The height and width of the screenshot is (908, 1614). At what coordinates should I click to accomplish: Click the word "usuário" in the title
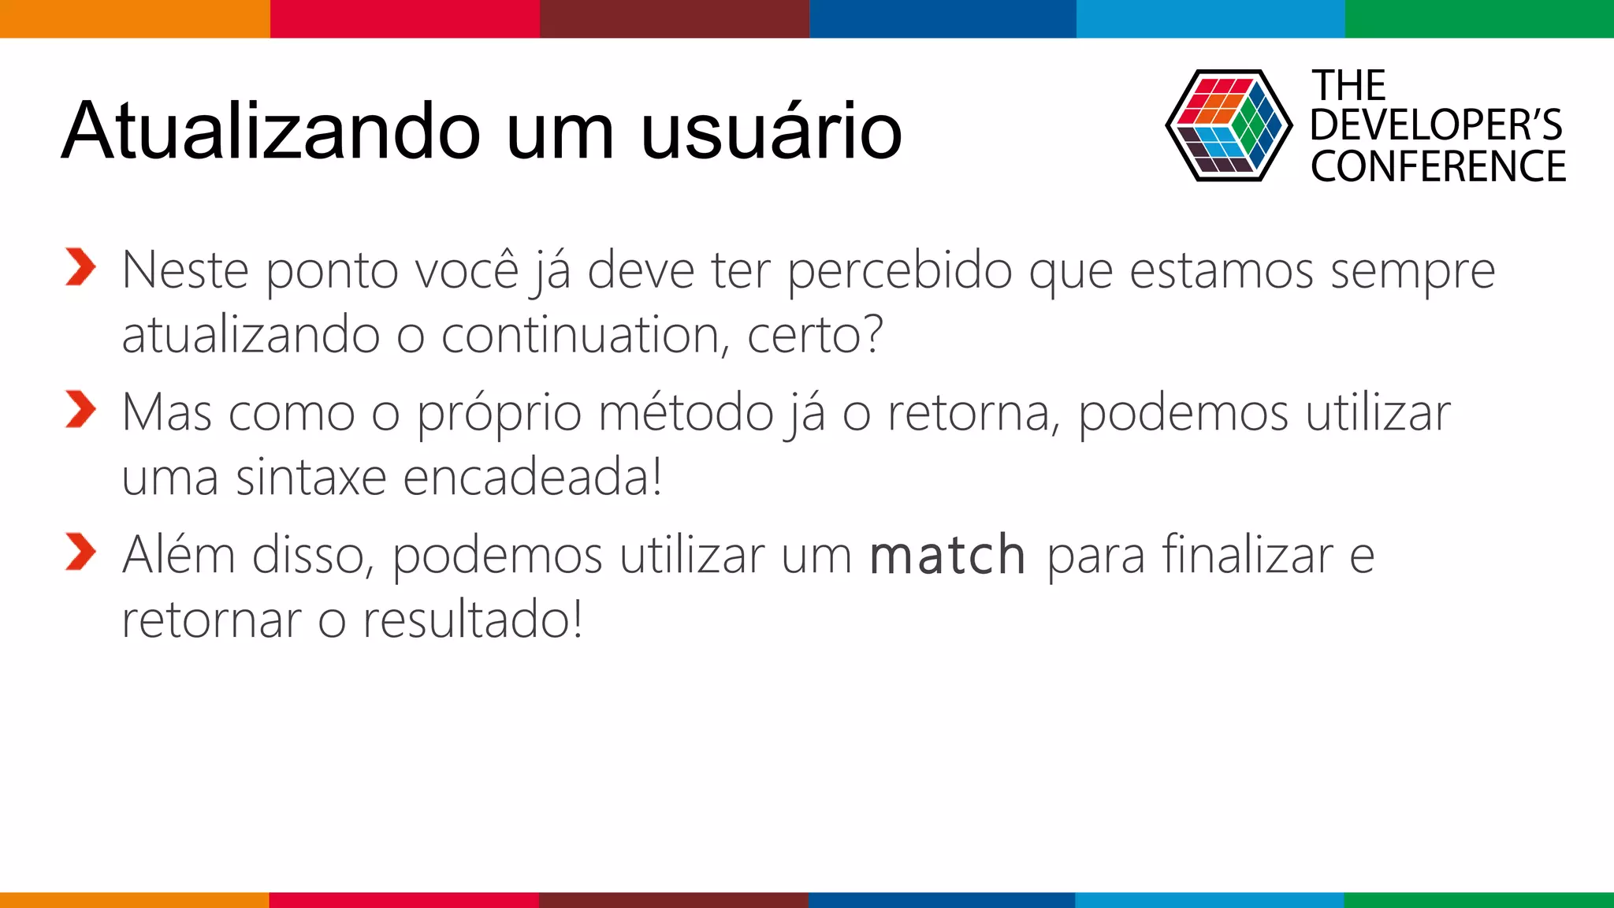pos(772,131)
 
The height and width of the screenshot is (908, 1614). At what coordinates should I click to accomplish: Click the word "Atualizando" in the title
pos(271,131)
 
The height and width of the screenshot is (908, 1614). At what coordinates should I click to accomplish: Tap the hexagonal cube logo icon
pos(1228,126)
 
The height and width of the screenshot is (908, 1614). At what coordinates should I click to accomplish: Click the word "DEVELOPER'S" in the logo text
pos(1436,125)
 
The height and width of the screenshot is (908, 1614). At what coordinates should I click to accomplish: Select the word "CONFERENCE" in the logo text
pos(1438,166)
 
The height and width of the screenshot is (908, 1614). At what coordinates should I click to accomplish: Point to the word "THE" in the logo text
pos(1348,85)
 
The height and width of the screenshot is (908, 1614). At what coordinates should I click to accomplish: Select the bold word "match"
pos(947,555)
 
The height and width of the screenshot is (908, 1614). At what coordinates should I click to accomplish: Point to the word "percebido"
pos(899,271)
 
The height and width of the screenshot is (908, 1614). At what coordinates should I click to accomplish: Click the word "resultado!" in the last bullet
pos(472,620)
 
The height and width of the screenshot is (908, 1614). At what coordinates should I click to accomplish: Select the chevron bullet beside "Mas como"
pos(80,409)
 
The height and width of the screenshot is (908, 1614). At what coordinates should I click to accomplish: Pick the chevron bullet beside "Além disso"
pos(80,551)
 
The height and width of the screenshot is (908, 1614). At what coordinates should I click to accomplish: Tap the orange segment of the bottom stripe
pos(134,899)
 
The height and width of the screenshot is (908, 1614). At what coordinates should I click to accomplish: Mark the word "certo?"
pos(815,335)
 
